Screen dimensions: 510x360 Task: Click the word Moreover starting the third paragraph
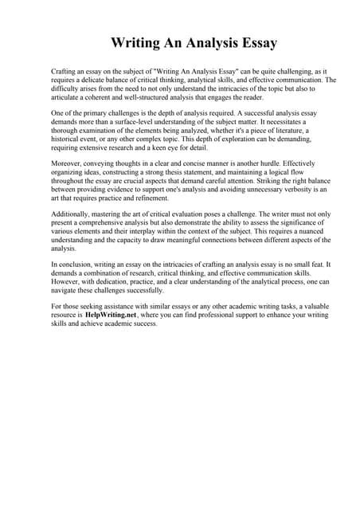67,167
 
